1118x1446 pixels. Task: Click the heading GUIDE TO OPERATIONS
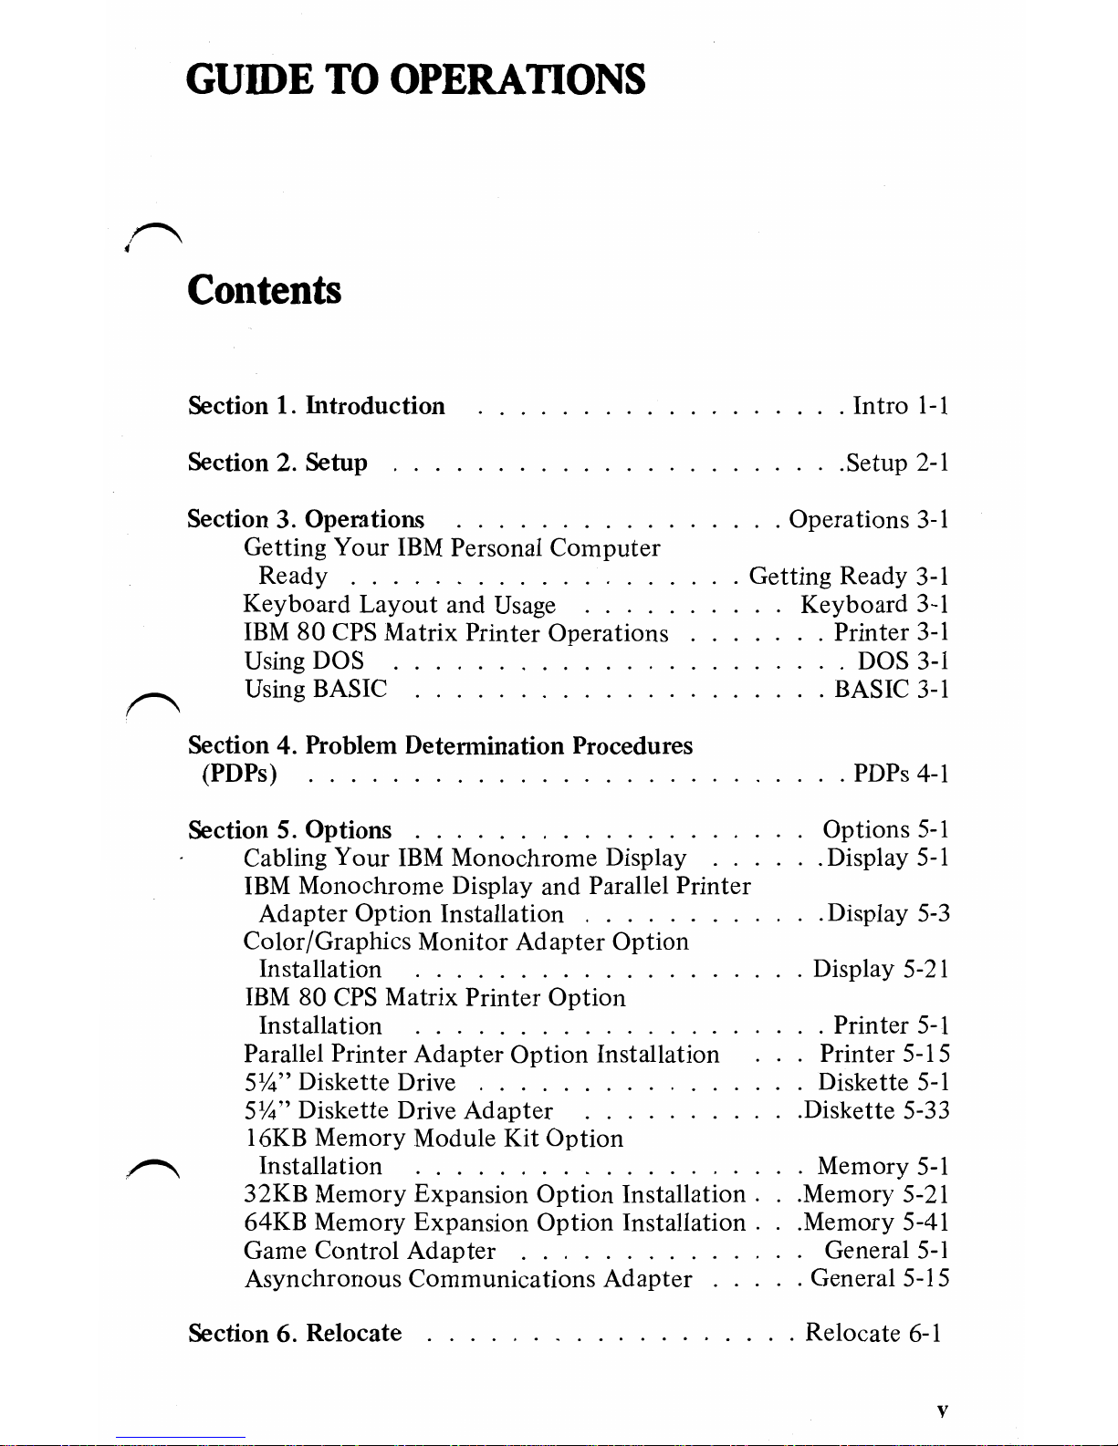(415, 79)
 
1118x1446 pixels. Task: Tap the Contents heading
(264, 290)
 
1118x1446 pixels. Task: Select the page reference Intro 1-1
(900, 406)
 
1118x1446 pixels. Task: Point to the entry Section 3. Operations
(306, 519)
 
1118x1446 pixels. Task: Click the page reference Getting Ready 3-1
(848, 576)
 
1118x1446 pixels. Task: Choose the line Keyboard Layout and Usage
(399, 605)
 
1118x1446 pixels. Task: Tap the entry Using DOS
(304, 661)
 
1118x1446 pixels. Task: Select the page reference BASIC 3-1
(892, 689)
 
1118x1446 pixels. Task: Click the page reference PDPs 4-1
(900, 774)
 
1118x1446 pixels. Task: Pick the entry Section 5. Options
(289, 830)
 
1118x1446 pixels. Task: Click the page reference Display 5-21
(881, 969)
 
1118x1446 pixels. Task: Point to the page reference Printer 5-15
(884, 1054)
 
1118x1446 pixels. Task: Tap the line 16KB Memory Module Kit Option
(434, 1139)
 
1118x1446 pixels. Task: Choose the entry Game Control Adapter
(370, 1251)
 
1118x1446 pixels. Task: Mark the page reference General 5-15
(879, 1279)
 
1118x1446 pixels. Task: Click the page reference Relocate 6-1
(872, 1334)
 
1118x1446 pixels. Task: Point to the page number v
(942, 1411)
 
